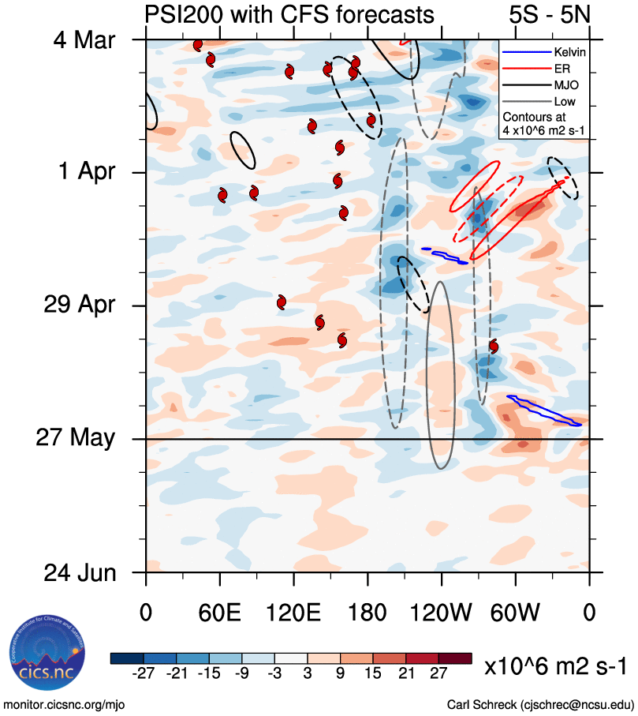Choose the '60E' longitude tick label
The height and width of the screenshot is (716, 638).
(x=220, y=614)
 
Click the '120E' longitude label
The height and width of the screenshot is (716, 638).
(x=293, y=614)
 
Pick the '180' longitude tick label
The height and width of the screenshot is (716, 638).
(x=368, y=614)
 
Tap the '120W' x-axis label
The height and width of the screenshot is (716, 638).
(x=442, y=614)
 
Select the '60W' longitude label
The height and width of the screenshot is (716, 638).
(x=515, y=614)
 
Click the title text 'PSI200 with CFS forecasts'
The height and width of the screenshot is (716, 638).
(x=289, y=14)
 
